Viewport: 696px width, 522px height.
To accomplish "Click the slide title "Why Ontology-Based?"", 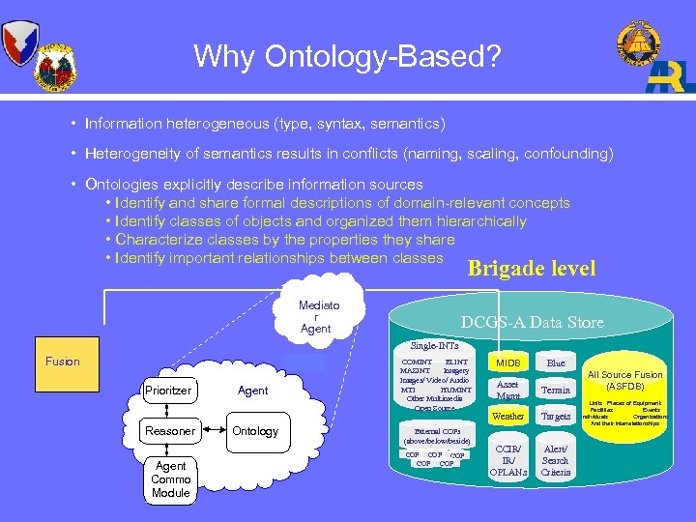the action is [347, 56].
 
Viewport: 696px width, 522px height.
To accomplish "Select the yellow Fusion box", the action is [63, 362].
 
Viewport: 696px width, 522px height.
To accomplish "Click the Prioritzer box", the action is [170, 391].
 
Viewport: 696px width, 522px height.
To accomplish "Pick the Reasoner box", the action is [170, 431].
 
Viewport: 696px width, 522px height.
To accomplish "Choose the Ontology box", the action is [255, 431].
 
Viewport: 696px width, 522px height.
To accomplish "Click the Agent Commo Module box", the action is [170, 478].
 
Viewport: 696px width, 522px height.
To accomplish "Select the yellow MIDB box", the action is [508, 363].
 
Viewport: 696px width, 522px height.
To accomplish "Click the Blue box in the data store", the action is [556, 363].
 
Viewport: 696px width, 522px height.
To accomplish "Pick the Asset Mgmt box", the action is [508, 389].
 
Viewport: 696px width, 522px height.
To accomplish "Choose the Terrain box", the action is [556, 390].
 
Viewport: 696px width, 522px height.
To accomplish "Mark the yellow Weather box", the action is [508, 417].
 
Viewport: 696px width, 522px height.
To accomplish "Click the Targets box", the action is [556, 417].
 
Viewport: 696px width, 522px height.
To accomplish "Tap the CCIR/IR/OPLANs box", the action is [508, 461].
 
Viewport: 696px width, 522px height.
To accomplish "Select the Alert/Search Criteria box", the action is [556, 461].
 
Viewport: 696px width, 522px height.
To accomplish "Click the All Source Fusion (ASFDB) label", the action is [625, 381].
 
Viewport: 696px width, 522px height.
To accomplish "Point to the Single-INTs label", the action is [434, 346].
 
